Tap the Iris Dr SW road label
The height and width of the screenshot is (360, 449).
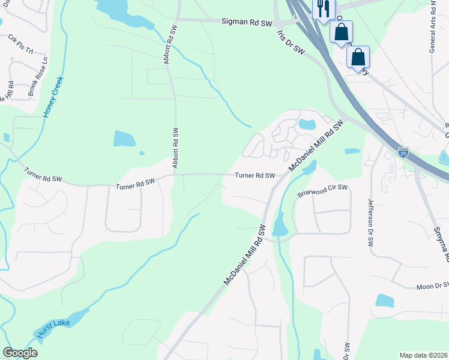[292, 43]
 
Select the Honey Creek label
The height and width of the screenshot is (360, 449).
[53, 97]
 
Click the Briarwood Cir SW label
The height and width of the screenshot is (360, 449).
[323, 191]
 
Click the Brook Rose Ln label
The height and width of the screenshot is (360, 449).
[38, 77]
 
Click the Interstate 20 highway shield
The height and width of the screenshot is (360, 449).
[403, 152]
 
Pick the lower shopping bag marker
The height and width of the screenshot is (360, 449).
[358, 58]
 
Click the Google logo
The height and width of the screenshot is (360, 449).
[20, 353]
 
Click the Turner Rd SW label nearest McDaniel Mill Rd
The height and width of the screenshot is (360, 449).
[255, 176]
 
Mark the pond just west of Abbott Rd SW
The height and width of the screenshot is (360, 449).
[124, 138]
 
